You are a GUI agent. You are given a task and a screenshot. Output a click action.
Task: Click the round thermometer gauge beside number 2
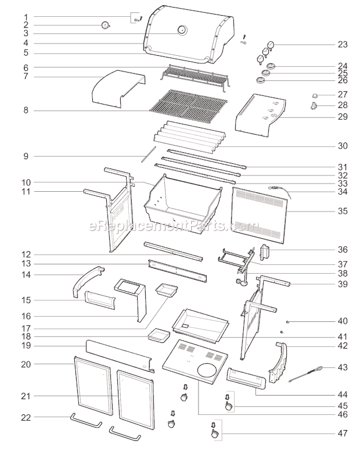click(105, 25)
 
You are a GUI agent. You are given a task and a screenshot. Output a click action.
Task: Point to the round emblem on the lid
click(182, 30)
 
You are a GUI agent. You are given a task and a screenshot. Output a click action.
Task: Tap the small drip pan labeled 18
click(158, 335)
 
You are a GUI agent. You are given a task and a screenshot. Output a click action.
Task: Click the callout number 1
click(26, 16)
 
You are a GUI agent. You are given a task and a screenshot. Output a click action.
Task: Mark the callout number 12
click(26, 254)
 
